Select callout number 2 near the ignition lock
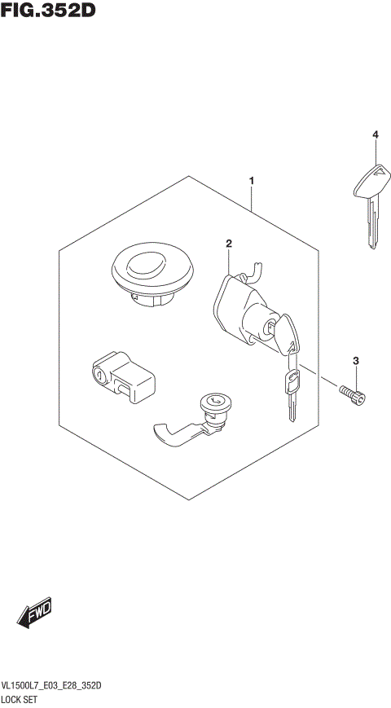pyautogui.click(x=229, y=244)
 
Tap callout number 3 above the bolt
pyautogui.click(x=355, y=360)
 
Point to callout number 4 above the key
pyautogui.click(x=376, y=134)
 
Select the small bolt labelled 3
pyautogui.click(x=352, y=394)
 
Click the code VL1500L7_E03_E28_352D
pyautogui.click(x=52, y=687)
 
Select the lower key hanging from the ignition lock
pyautogui.click(x=290, y=391)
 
